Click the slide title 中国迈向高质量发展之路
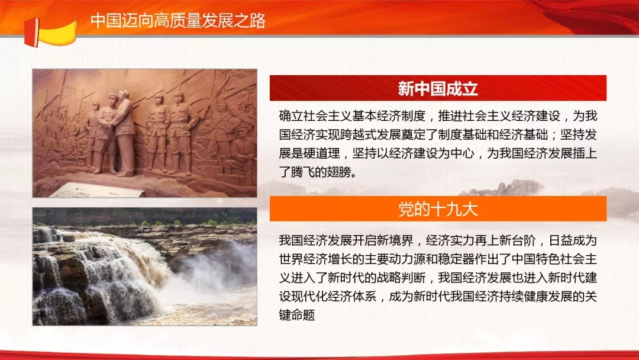click(178, 20)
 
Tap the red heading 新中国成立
click(438, 88)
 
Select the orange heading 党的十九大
click(438, 209)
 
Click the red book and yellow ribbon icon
click(50, 33)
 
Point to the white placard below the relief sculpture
click(97, 190)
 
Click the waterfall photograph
click(145, 266)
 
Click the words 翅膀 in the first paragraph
click(338, 172)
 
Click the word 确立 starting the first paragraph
click(291, 116)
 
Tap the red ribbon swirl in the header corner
click(587, 17)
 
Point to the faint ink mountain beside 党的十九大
click(505, 188)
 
